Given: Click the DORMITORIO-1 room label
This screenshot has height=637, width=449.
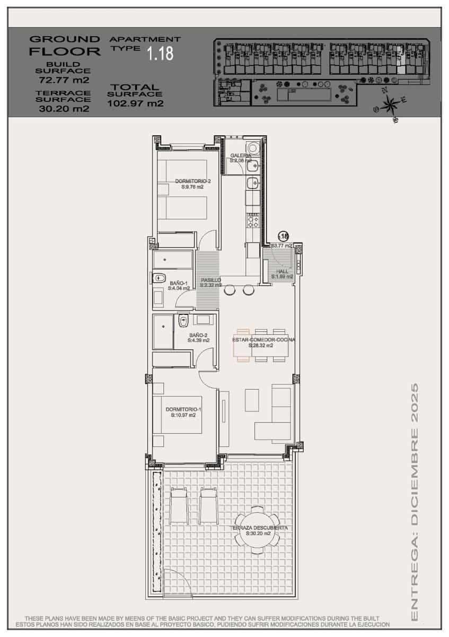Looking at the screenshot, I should pos(183,410).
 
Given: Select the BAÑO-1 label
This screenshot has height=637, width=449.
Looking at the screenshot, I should pos(179,283).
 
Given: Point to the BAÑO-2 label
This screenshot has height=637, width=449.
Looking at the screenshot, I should pos(199,335).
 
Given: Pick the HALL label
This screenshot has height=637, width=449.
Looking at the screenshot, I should pos(282,272).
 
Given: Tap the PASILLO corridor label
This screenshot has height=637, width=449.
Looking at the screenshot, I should pos(210,280).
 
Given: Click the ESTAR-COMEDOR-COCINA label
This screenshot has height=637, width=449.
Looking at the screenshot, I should pos(263,340).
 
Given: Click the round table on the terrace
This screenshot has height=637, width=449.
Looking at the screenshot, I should pos(257,531).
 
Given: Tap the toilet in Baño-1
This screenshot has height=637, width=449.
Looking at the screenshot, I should pos(159,278).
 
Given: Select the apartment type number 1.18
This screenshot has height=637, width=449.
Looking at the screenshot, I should pos(160,53).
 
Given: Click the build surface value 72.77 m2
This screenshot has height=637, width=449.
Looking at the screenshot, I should pos(64,81).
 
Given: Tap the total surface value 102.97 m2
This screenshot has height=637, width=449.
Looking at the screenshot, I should pos(135,104).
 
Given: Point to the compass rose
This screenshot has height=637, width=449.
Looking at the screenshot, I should pos(391,104).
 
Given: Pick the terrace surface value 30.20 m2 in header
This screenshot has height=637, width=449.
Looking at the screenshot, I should pos(64,109).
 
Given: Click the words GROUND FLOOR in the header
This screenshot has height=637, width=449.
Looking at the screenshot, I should pos(65,46).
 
